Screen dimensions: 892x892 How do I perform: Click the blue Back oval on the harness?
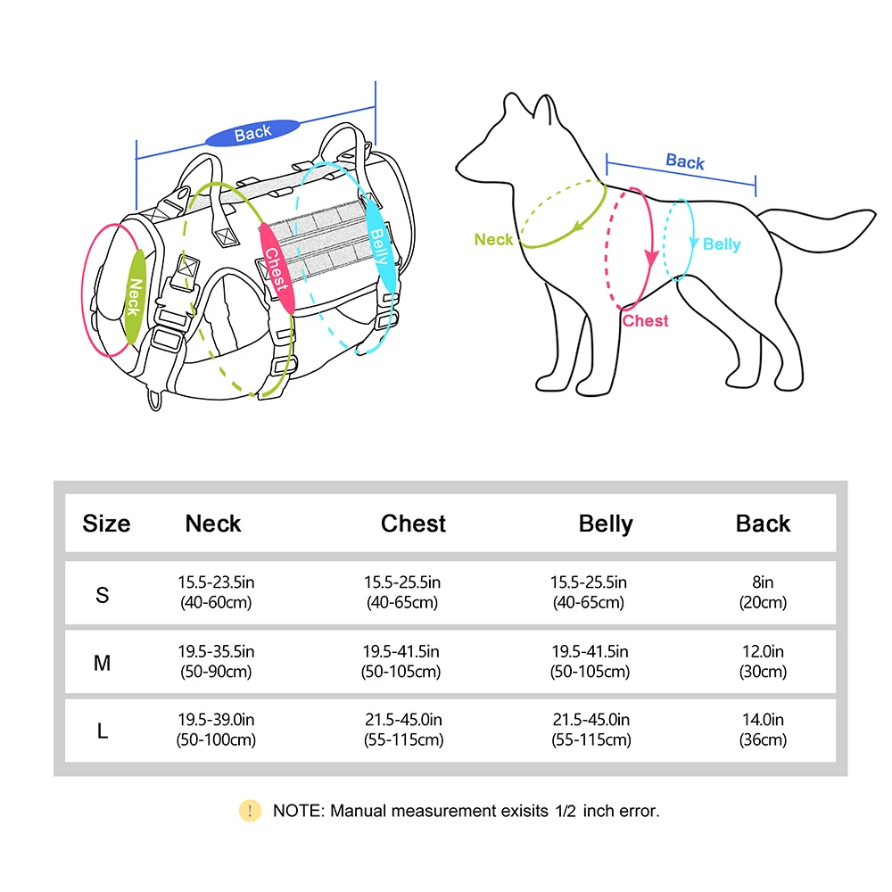pyautogui.click(x=252, y=133)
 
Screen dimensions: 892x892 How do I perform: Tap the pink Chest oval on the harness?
pyautogui.click(x=277, y=268)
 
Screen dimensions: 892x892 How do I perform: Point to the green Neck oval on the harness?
pyautogui.click(x=135, y=296)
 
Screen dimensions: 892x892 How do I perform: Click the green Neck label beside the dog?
pyautogui.click(x=494, y=239)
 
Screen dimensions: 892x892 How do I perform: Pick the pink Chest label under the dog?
pyautogui.click(x=645, y=321)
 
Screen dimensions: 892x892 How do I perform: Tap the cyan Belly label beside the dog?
pyautogui.click(x=722, y=244)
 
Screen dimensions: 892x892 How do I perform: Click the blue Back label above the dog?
pyautogui.click(x=685, y=161)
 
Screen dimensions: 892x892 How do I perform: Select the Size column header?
pyautogui.click(x=106, y=524)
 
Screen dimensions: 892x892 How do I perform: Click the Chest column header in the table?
pyautogui.click(x=413, y=524)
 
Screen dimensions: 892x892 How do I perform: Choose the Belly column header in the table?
pyautogui.click(x=606, y=524)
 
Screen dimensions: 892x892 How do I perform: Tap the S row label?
pyautogui.click(x=103, y=595)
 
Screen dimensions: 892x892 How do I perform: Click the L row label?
pyautogui.click(x=103, y=731)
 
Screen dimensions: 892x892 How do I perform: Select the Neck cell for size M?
pyautogui.click(x=216, y=661)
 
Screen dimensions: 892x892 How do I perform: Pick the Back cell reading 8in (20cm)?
pyautogui.click(x=763, y=592)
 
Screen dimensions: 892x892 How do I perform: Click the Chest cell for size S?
pyautogui.click(x=402, y=592)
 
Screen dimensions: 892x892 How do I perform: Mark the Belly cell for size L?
pyautogui.click(x=591, y=730)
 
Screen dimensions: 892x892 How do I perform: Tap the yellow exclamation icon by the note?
pyautogui.click(x=250, y=811)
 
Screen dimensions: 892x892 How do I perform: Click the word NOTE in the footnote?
pyautogui.click(x=299, y=811)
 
